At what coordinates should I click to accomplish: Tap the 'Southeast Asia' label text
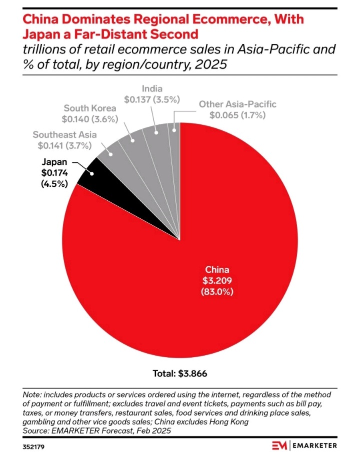coord(64,135)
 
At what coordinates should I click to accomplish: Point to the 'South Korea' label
coord(90,108)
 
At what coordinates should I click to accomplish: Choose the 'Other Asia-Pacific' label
coord(237,104)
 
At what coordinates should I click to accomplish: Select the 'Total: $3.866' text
coord(179,373)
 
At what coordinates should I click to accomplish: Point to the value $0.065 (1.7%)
coord(237,115)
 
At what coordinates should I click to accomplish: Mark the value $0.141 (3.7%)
coord(64,146)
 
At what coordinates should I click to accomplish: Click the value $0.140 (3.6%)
coord(90,119)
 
